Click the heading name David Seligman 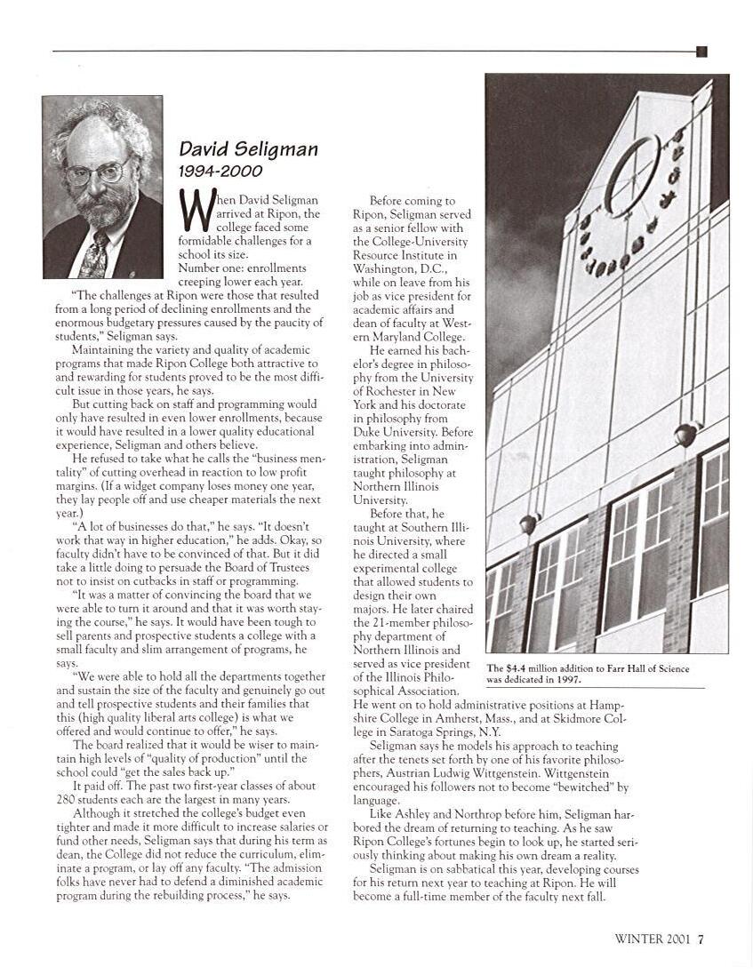(x=248, y=148)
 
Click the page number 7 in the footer (x=701, y=939)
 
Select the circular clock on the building (x=632, y=175)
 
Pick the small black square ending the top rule (x=701, y=52)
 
